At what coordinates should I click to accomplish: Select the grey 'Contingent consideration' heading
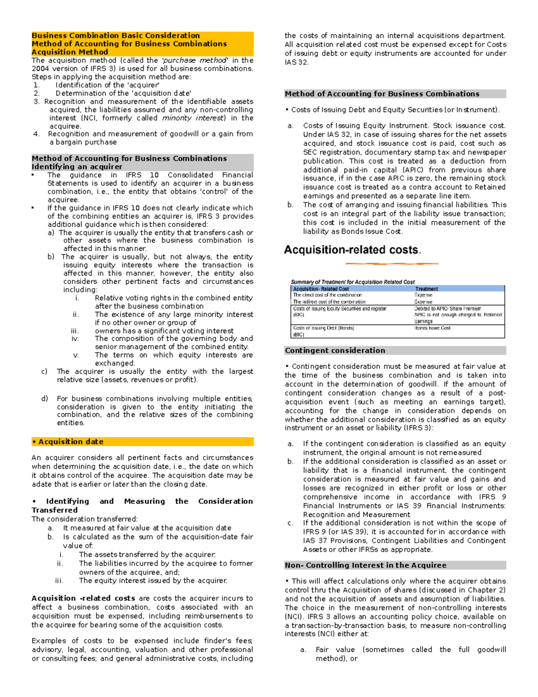tap(335, 351)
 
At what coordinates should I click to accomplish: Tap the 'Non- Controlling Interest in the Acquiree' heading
tap(365, 565)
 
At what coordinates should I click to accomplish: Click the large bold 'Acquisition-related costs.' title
tap(352, 250)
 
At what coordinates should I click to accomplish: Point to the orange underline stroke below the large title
tap(392, 263)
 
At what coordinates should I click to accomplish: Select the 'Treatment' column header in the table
tap(426, 289)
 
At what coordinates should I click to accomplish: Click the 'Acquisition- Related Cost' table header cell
tap(321, 289)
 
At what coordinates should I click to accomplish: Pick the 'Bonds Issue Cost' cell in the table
tap(432, 328)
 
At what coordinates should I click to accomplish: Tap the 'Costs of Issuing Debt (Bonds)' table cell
tap(323, 328)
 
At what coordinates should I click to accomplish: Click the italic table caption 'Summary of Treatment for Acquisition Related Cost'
tap(352, 282)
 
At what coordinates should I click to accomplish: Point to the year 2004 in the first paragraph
tap(40, 69)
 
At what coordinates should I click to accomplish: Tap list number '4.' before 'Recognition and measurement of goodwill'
tap(37, 134)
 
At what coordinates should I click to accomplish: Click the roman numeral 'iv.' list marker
tap(75, 339)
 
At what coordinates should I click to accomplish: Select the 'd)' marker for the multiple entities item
tap(44, 399)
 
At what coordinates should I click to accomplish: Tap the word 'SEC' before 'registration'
tap(310, 152)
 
